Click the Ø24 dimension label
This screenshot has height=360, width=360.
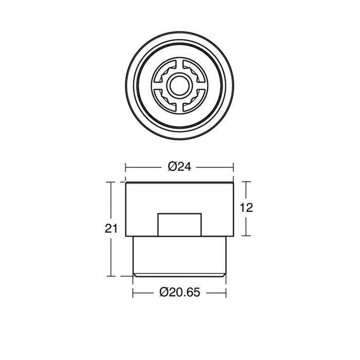click(x=179, y=167)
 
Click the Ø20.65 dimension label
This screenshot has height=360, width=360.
click(x=180, y=292)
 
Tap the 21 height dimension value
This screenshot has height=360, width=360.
click(x=111, y=228)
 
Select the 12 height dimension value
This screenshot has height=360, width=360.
click(x=246, y=208)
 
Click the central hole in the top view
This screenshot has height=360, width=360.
click(x=179, y=85)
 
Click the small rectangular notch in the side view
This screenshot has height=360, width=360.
click(x=179, y=225)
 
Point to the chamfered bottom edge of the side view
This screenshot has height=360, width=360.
click(x=179, y=275)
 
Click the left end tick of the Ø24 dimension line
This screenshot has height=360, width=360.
click(x=125, y=167)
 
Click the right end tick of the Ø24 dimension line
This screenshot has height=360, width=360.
click(x=233, y=167)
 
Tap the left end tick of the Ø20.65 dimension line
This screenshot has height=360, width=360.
click(x=133, y=293)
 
